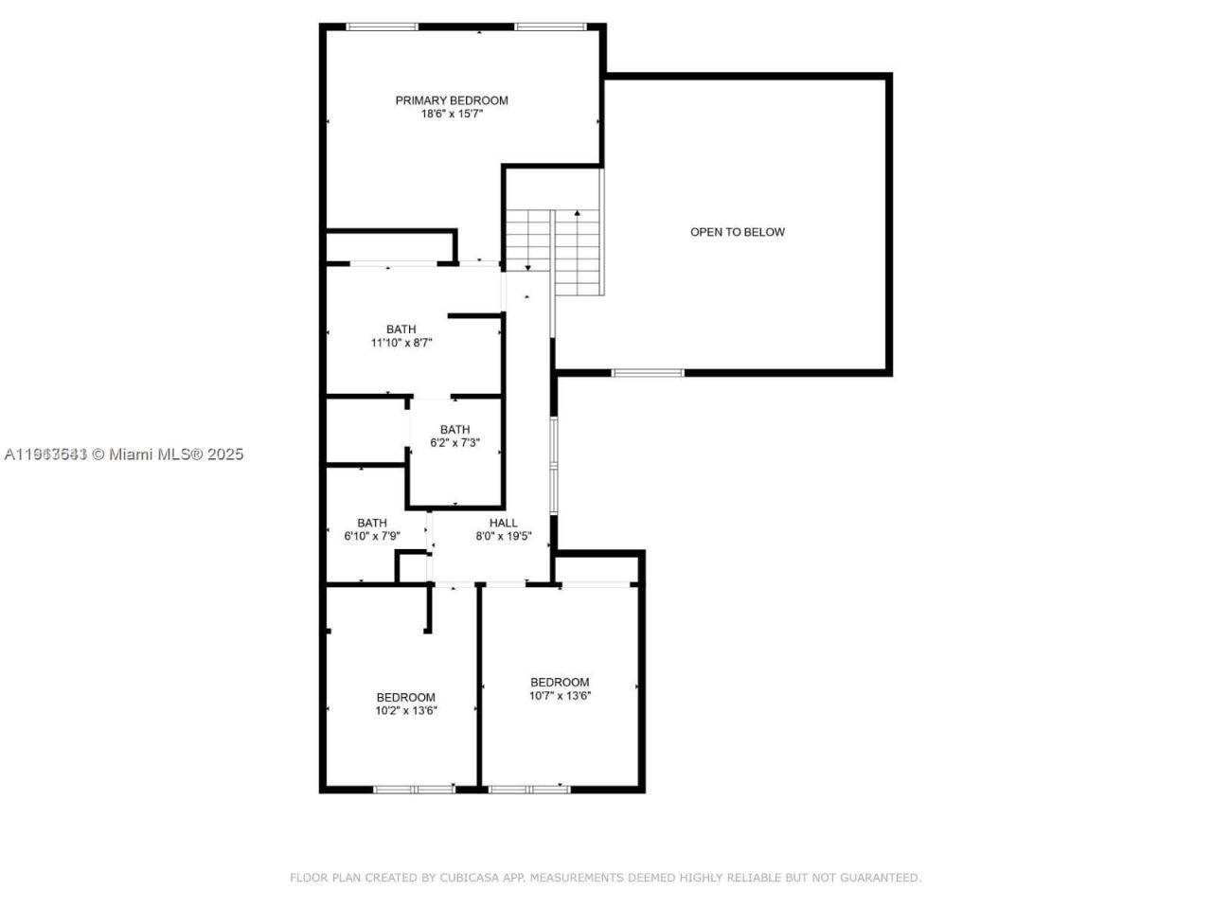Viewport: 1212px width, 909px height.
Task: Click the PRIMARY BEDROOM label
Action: point(452,100)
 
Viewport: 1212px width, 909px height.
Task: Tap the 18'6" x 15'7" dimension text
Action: point(452,114)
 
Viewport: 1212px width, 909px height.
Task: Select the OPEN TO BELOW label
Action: point(737,232)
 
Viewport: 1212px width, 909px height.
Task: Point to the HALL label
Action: point(504,523)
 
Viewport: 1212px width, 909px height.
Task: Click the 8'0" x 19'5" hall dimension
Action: point(504,536)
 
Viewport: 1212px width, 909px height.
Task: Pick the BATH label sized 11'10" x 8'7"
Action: point(401,330)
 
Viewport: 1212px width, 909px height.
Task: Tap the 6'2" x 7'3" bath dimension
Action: point(454,442)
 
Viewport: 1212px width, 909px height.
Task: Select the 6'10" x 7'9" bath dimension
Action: point(372,536)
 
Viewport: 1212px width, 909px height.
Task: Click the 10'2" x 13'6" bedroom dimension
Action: point(406,710)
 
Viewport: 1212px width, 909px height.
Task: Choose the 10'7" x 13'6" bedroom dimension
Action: point(560,695)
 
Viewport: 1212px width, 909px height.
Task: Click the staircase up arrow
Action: point(577,214)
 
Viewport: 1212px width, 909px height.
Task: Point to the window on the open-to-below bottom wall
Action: point(648,372)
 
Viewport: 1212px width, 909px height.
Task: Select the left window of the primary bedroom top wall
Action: point(382,27)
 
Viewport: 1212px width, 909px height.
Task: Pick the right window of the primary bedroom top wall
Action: point(550,27)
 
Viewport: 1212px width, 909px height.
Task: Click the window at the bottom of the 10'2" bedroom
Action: point(414,788)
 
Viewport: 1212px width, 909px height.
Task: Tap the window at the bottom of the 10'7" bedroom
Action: point(529,788)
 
